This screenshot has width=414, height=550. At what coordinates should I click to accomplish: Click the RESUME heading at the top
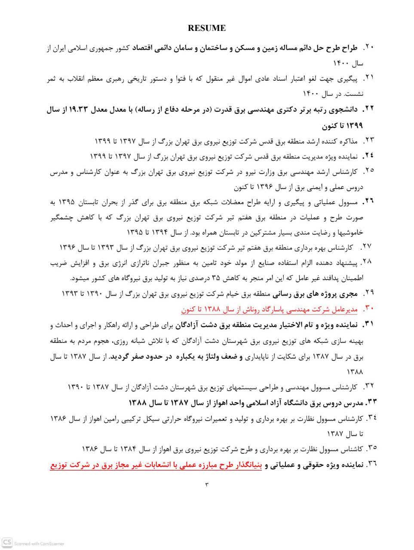click(x=206, y=28)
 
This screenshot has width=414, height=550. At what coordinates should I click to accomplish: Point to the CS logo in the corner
click(x=7, y=543)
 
